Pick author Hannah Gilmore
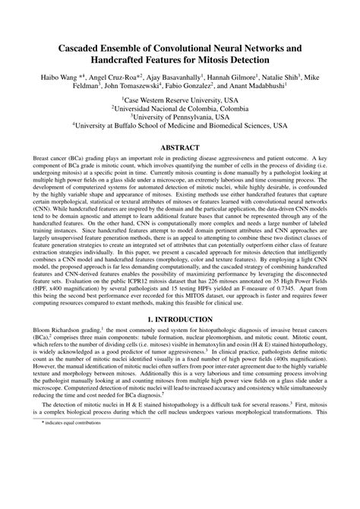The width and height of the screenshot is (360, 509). point(242,78)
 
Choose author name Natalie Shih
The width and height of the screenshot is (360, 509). point(298,78)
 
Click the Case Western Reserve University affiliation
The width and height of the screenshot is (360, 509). point(180,101)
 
